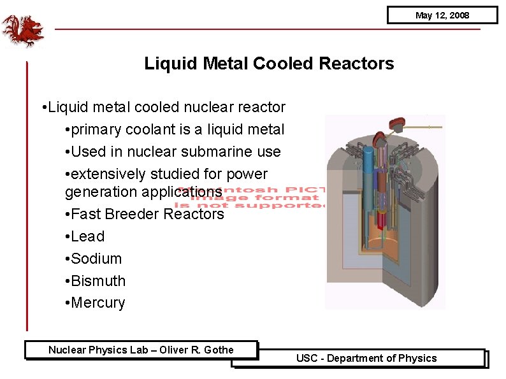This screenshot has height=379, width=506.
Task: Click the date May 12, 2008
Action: pyautogui.click(x=442, y=15)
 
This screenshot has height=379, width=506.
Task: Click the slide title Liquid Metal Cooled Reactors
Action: pyautogui.click(x=269, y=64)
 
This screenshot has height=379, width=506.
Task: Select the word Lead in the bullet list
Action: pyautogui.click(x=88, y=236)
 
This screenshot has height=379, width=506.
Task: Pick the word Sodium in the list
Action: pyautogui.click(x=96, y=259)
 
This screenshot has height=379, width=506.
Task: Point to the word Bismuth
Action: pyautogui.click(x=98, y=281)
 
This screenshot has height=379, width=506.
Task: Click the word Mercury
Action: pyautogui.click(x=98, y=303)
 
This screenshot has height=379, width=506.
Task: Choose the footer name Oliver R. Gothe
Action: pyautogui.click(x=196, y=350)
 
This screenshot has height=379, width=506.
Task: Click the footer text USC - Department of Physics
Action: pyautogui.click(x=366, y=358)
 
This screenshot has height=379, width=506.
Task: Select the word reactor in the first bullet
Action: pyautogui.click(x=261, y=107)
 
